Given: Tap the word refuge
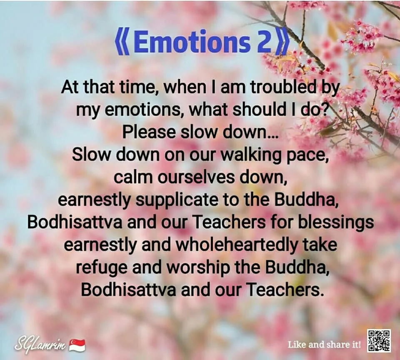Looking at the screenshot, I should pos(101,267).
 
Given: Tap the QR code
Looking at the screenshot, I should pos(379,340).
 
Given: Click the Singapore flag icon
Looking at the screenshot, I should pos(77,345).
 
